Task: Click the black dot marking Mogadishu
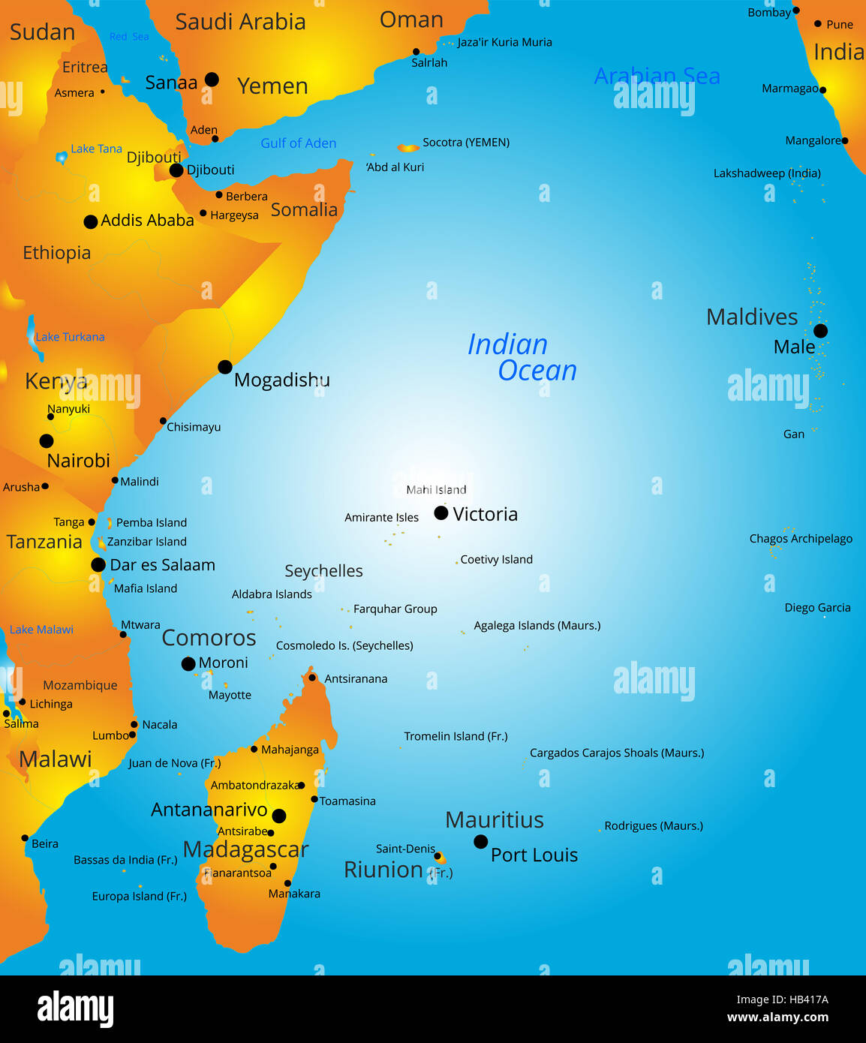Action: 225,367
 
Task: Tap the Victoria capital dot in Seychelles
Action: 441,513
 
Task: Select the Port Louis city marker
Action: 481,842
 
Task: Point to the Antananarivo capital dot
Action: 279,816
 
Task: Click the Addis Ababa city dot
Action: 91,221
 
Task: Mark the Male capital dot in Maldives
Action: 821,331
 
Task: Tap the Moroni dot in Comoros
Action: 188,664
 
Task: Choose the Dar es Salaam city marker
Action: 98,565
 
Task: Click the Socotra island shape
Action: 408,149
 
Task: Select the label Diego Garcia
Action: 817,608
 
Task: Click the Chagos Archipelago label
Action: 801,539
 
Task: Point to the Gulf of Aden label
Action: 298,143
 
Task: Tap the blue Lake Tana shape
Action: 62,158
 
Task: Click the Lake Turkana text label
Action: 70,337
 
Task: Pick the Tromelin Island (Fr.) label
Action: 456,737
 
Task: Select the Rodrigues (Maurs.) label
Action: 654,826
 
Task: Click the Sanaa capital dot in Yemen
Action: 212,80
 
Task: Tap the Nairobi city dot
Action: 47,441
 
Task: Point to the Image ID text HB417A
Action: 782,999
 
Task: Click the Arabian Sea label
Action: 657,77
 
